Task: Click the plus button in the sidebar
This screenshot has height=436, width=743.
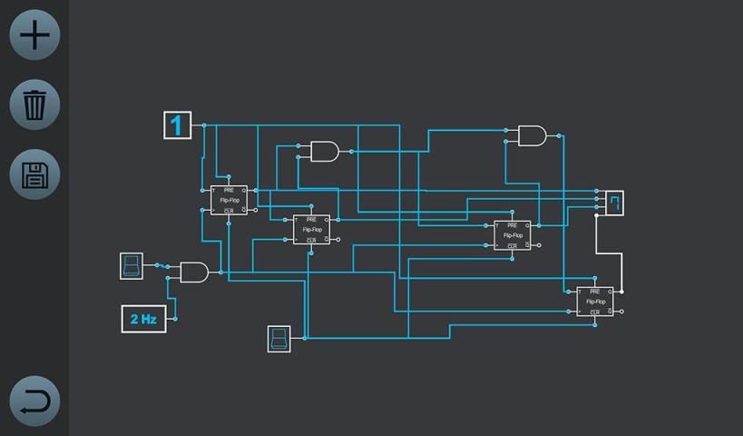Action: pyautogui.click(x=34, y=35)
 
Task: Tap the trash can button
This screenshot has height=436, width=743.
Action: pyautogui.click(x=34, y=104)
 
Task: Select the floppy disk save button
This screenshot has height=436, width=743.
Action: pyautogui.click(x=34, y=174)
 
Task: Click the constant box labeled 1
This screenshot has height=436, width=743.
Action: pyautogui.click(x=177, y=124)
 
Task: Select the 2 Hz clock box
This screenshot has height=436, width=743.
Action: pyautogui.click(x=143, y=319)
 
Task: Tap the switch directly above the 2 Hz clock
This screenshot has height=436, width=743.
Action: pyautogui.click(x=132, y=266)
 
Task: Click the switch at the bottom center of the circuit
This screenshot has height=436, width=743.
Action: pyautogui.click(x=279, y=339)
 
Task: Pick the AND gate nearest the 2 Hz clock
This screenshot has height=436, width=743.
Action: pyautogui.click(x=193, y=272)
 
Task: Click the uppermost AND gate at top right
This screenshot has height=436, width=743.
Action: pyautogui.click(x=531, y=136)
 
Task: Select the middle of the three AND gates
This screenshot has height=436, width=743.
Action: pyautogui.click(x=324, y=151)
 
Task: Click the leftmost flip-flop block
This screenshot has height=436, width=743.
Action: pyautogui.click(x=229, y=200)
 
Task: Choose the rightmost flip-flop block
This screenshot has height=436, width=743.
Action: pyautogui.click(x=594, y=301)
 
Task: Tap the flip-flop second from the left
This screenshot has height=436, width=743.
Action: pyautogui.click(x=311, y=230)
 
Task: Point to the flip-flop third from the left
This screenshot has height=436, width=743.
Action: pyautogui.click(x=512, y=235)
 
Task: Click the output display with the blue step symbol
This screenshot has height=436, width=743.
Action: pyautogui.click(x=615, y=203)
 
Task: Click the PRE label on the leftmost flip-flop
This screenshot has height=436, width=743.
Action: pyautogui.click(x=229, y=190)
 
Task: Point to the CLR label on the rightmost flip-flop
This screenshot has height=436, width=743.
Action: pyautogui.click(x=594, y=312)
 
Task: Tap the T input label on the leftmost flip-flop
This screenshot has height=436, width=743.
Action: pyautogui.click(x=214, y=190)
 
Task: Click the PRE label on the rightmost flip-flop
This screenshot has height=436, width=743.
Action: pyautogui.click(x=594, y=291)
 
